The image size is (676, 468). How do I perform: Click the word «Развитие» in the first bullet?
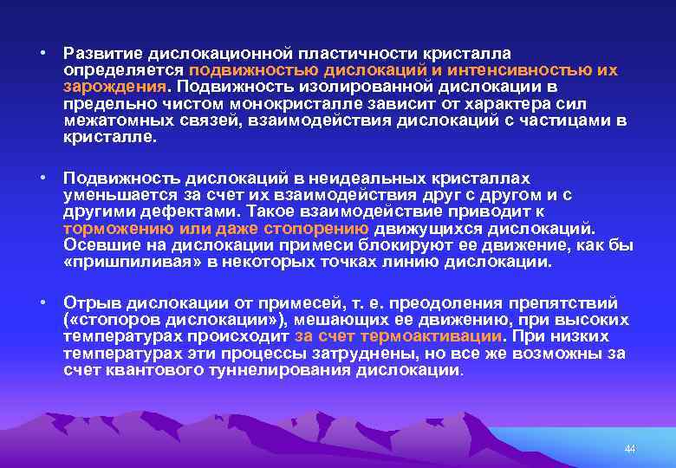tap(96, 55)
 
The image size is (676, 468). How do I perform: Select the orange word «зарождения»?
tap(115, 88)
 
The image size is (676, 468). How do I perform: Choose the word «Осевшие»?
tap(99, 245)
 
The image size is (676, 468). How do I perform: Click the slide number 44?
tap(630, 449)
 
